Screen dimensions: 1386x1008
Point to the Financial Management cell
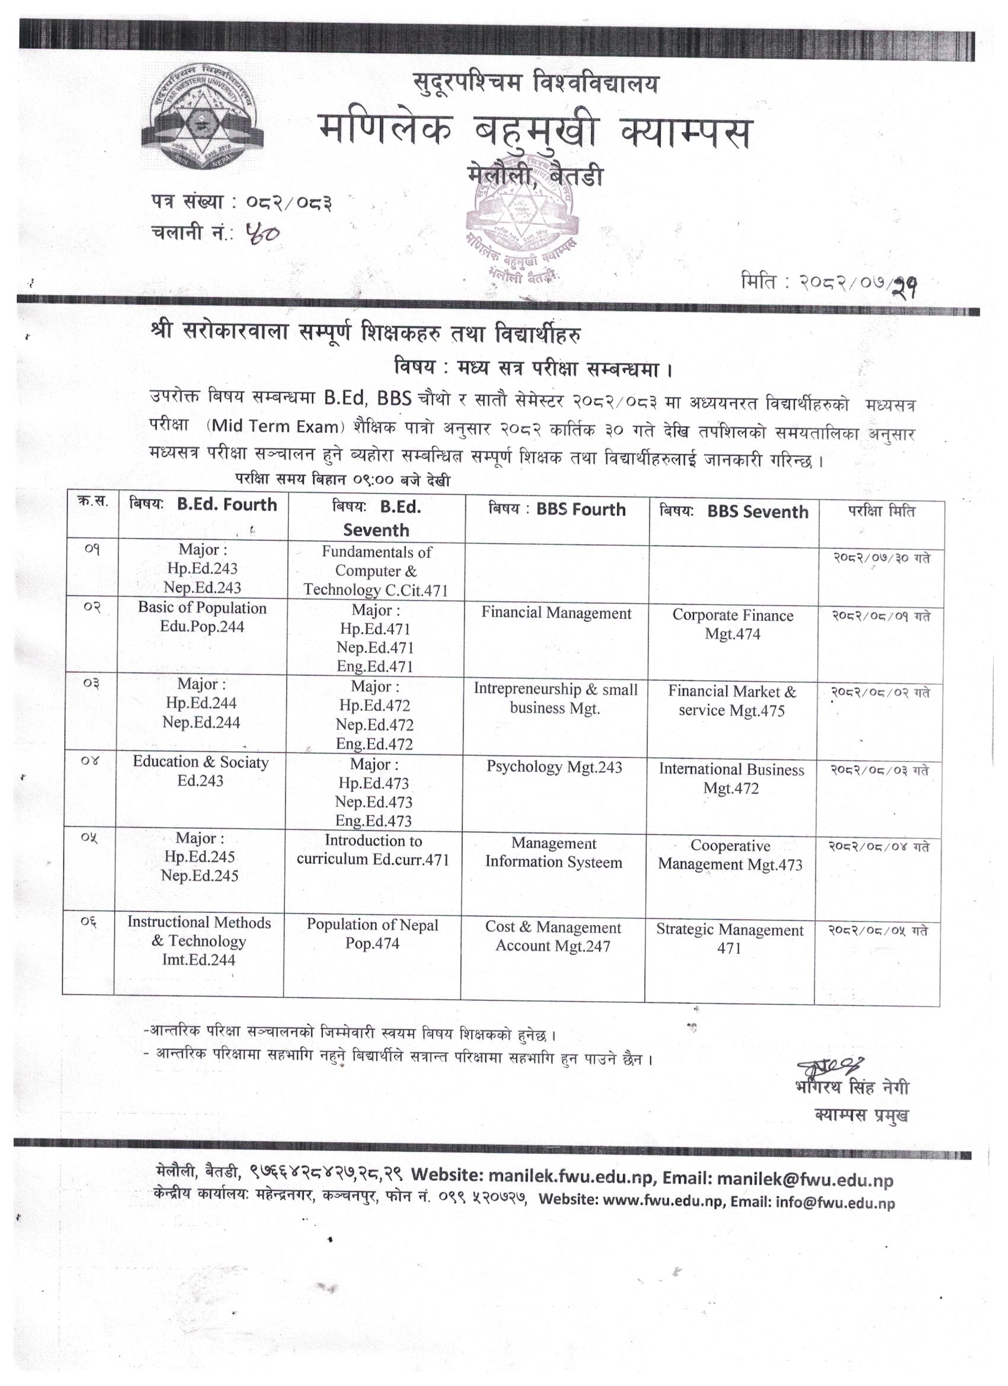tap(556, 613)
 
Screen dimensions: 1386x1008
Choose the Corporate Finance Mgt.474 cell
tap(732, 624)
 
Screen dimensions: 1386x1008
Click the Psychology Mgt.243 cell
tap(554, 767)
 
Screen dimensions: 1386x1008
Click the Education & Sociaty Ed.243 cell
tap(200, 771)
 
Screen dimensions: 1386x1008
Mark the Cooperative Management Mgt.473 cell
tap(730, 855)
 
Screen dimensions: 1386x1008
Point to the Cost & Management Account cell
tap(553, 936)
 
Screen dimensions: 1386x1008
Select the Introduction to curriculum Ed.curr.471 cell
tap(373, 850)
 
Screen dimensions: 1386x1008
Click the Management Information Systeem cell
tap(553, 852)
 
